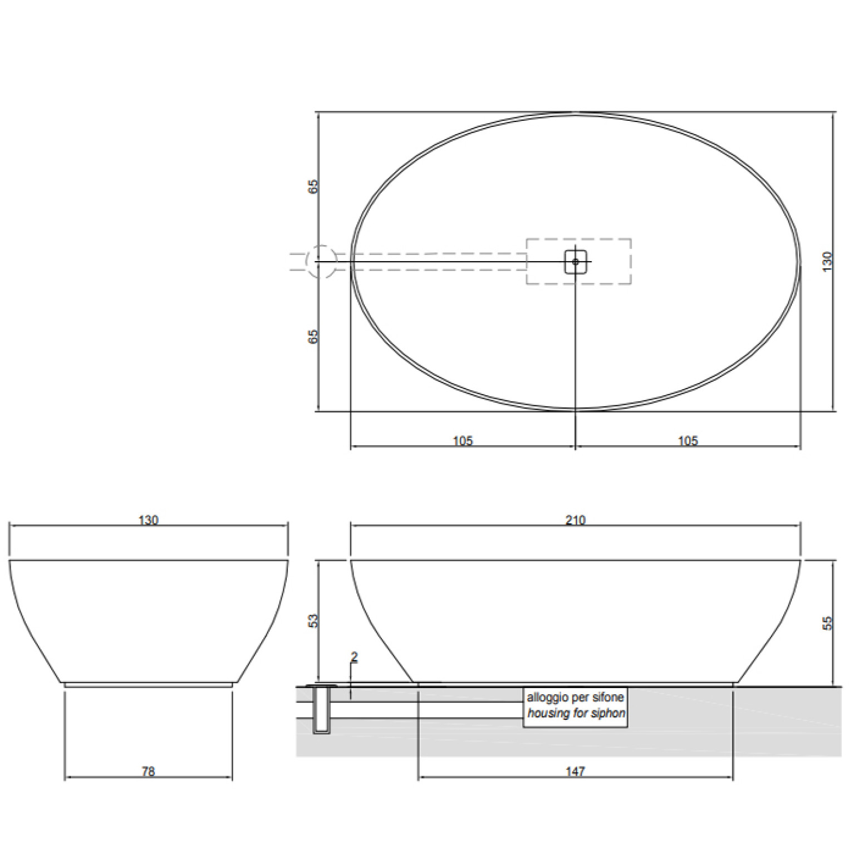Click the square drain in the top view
click(x=575, y=262)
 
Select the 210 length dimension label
click(x=575, y=520)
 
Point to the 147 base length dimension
click(x=575, y=771)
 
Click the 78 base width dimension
click(x=148, y=771)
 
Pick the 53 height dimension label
click(x=313, y=621)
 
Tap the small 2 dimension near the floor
click(x=354, y=657)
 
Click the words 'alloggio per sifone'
click(x=575, y=697)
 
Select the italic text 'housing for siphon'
click(x=576, y=713)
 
